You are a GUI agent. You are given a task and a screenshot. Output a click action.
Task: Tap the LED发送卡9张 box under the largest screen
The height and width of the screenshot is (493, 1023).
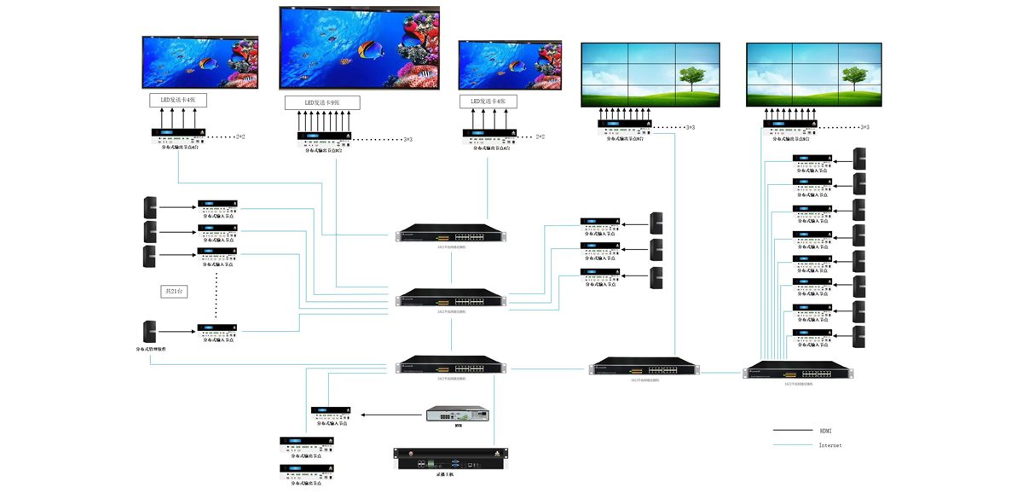321,102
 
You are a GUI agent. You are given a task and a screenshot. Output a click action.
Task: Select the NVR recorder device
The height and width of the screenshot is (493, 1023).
459,415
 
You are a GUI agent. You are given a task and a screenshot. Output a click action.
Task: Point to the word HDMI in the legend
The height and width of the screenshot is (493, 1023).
824,431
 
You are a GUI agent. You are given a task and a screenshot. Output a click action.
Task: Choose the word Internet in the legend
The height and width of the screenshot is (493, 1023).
829,445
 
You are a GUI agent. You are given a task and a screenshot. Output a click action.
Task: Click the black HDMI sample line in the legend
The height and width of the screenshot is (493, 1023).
791,431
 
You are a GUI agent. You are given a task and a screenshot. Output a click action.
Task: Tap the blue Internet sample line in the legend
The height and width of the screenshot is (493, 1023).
791,445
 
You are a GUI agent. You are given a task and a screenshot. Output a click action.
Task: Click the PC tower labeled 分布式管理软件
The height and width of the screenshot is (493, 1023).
150,332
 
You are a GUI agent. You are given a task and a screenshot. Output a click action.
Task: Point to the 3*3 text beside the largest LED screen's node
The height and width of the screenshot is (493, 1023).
407,140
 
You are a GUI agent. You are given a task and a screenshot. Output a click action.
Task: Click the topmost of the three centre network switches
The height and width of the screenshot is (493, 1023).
451,233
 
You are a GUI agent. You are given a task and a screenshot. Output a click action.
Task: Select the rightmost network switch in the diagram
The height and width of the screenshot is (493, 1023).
798,370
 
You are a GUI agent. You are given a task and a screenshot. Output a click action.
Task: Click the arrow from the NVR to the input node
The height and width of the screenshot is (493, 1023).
391,415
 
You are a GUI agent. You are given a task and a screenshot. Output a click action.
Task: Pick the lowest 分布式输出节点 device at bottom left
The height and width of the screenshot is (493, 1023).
307,471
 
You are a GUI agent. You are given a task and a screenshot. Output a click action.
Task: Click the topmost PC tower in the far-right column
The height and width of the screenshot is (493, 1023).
859,159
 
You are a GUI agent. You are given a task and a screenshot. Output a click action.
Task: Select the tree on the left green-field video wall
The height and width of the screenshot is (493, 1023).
691,77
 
